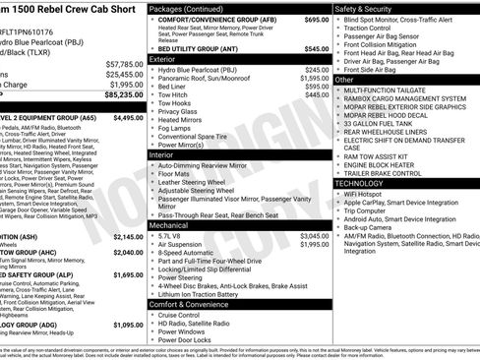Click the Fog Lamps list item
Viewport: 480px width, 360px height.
pos(176,128)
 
